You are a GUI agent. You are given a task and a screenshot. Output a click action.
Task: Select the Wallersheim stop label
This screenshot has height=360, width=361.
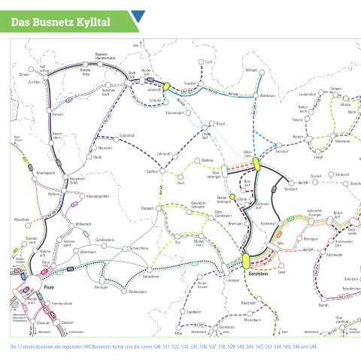click(137, 291)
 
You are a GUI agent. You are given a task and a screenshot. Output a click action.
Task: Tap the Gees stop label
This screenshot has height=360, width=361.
click(282, 271)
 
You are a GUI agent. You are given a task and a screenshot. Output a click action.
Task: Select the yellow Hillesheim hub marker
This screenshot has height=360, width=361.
click(256, 163)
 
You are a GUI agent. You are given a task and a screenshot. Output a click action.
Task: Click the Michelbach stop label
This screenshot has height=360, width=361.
click(253, 319)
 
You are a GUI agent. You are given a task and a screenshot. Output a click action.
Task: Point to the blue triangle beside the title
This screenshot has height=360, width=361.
click(138, 17)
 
